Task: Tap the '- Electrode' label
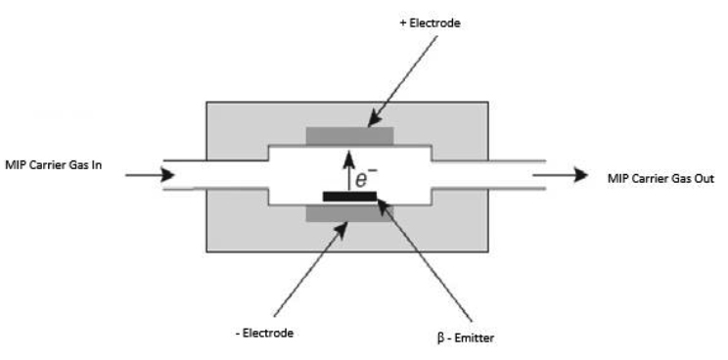(x=265, y=333)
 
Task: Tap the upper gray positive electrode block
(x=349, y=136)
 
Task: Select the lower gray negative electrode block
(x=349, y=211)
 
